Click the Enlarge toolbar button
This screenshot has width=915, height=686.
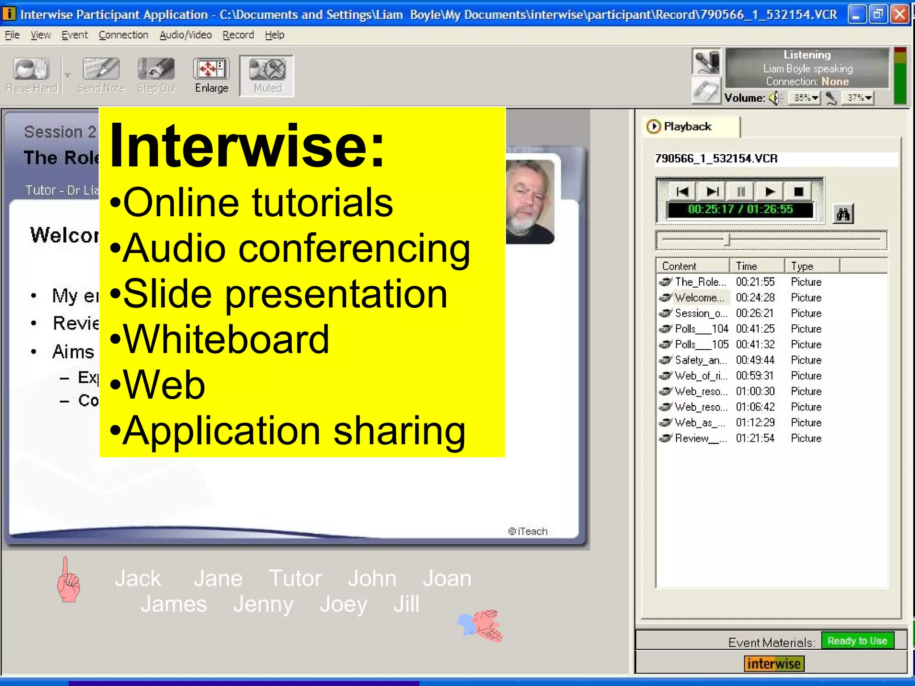tap(211, 75)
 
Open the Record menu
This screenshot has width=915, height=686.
tap(238, 35)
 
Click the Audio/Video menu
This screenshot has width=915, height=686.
tap(185, 35)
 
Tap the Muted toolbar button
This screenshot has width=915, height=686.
tap(267, 75)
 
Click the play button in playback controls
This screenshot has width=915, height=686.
tap(769, 192)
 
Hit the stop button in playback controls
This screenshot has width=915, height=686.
tap(798, 192)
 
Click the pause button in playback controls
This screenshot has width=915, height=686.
tap(741, 192)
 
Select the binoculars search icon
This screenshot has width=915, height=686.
tap(843, 215)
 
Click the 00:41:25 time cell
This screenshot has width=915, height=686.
tap(755, 329)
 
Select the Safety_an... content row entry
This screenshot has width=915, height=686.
tap(700, 360)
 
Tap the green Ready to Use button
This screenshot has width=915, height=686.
tap(857, 641)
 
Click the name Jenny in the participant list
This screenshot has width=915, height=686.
tap(263, 604)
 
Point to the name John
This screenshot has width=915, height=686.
tap(372, 578)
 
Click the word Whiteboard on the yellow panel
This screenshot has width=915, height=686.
tap(226, 339)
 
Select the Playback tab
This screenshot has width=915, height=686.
tap(687, 127)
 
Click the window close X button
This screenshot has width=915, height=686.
tap(900, 15)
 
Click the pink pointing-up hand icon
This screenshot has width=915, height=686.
tap(68, 580)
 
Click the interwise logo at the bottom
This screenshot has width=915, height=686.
tap(774, 664)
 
